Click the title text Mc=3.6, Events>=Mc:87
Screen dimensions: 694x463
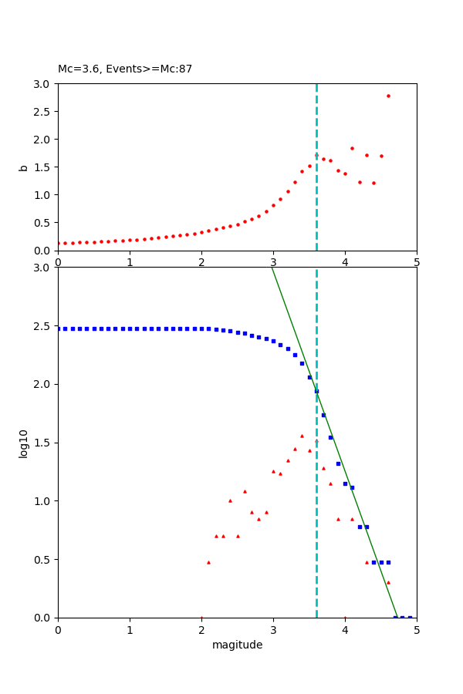pyautogui.click(x=125, y=69)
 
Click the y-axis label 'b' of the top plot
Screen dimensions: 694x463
pyautogui.click(x=23, y=167)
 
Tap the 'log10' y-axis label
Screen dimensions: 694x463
pyautogui.click(x=23, y=443)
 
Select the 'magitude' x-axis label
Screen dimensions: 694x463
pyautogui.click(x=237, y=645)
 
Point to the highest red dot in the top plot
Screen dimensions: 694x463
pyautogui.click(x=388, y=96)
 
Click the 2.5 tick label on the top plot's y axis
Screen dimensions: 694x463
pyautogui.click(x=43, y=112)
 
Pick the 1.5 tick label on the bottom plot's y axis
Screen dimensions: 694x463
pyautogui.click(x=43, y=443)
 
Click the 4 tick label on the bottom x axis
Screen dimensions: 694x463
pyautogui.click(x=345, y=630)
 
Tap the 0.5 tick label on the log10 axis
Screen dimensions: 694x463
pyautogui.click(x=43, y=560)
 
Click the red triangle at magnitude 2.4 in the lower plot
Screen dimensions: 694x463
pyautogui.click(x=230, y=500)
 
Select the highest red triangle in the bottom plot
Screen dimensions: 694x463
pyautogui.click(x=302, y=436)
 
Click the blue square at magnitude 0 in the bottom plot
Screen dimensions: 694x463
pyautogui.click(x=58, y=328)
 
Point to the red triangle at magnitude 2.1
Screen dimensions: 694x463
pyautogui.click(x=208, y=562)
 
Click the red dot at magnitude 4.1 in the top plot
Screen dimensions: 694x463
pyautogui.click(x=352, y=148)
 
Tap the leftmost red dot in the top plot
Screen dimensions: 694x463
pyautogui.click(x=58, y=243)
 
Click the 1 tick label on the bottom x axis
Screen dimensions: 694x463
pyautogui.click(x=130, y=630)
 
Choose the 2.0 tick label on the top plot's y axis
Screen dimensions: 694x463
pyautogui.click(x=43, y=140)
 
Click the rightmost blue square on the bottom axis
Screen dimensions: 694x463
pyautogui.click(x=410, y=617)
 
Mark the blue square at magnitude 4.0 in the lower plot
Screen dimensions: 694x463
pyautogui.click(x=345, y=483)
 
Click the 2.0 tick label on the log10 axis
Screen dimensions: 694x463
pyautogui.click(x=43, y=384)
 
